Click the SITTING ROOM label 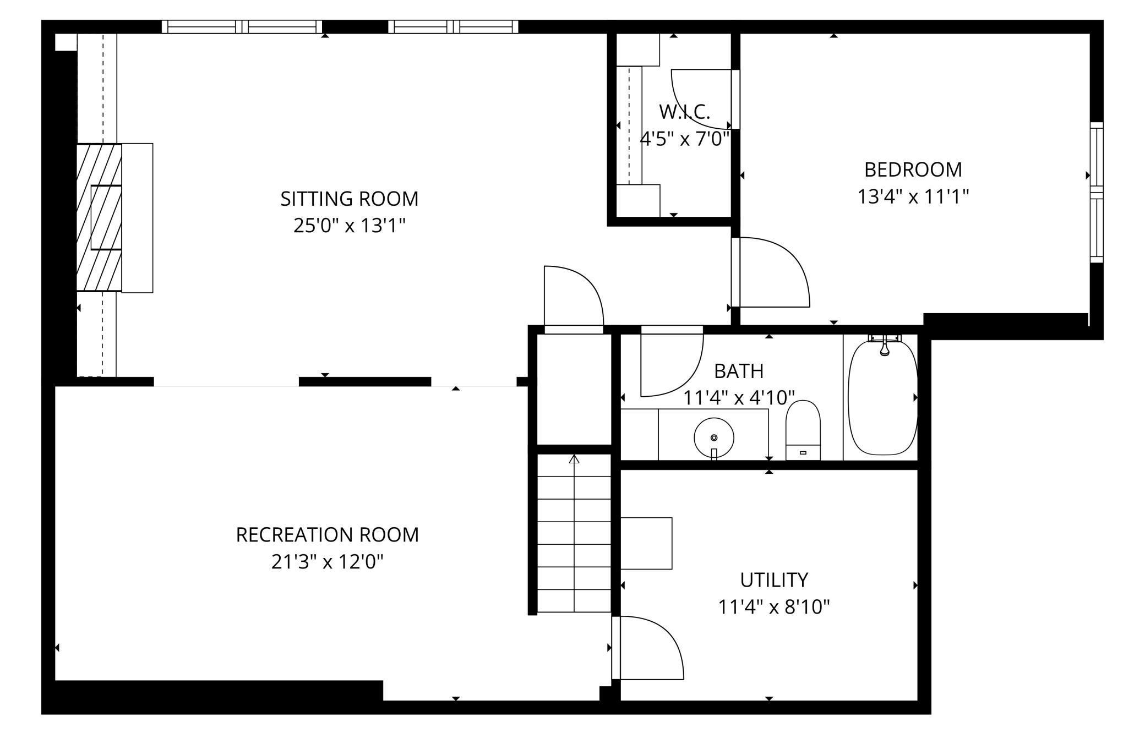click(349, 199)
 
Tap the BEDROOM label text click(913, 169)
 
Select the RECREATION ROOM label click(327, 535)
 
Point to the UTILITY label click(773, 580)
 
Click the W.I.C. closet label click(684, 112)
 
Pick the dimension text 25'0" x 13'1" click(349, 226)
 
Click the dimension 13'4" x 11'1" click(913, 196)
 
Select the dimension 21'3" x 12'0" click(327, 562)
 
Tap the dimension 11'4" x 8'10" click(773, 607)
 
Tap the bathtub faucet click(884, 345)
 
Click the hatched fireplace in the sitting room click(99, 217)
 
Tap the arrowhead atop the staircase click(574, 459)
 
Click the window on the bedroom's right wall click(1097, 192)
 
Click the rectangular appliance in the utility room click(646, 543)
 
